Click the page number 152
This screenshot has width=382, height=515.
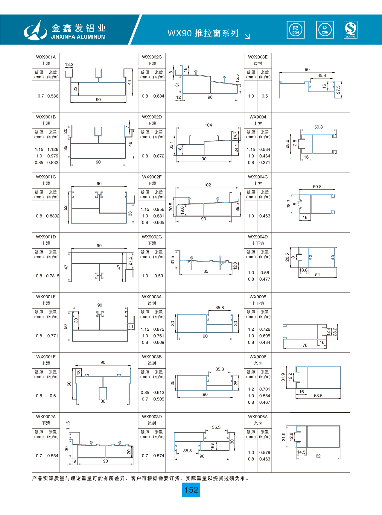pyautogui.click(x=191, y=490)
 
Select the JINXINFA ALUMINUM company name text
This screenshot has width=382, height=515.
pyautogui.click(x=78, y=37)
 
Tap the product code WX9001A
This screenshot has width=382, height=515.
pyautogui.click(x=46, y=57)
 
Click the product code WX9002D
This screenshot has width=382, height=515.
pyautogui.click(x=152, y=117)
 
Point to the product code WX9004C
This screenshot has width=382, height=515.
pyautogui.click(x=258, y=177)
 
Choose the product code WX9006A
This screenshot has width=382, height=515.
pyautogui.click(x=258, y=417)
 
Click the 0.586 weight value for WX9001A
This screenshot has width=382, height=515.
pyautogui.click(x=53, y=96)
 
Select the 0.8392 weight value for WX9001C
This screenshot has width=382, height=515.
pyautogui.click(x=53, y=216)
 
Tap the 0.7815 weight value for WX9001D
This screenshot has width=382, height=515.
pyautogui.click(x=53, y=276)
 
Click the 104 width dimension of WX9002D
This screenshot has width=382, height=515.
pyautogui.click(x=208, y=125)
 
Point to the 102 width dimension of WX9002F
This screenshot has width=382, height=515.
pyautogui.click(x=207, y=185)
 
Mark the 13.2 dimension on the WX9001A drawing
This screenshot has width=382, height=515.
pyautogui.click(x=69, y=64)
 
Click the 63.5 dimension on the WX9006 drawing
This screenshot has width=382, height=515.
pyautogui.click(x=318, y=396)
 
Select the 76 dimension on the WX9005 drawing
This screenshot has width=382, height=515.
pyautogui.click(x=305, y=345)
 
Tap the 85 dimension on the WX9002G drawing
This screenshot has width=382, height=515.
pyautogui.click(x=206, y=271)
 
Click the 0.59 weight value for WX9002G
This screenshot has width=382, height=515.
pyautogui.click(x=159, y=276)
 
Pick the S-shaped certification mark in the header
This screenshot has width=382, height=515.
pyautogui.click(x=351, y=30)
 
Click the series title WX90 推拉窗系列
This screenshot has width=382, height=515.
pyautogui.click(x=203, y=33)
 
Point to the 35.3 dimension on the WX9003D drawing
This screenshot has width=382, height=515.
pyautogui.click(x=216, y=427)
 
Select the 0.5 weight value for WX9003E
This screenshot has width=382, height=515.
pyautogui.click(x=264, y=96)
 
